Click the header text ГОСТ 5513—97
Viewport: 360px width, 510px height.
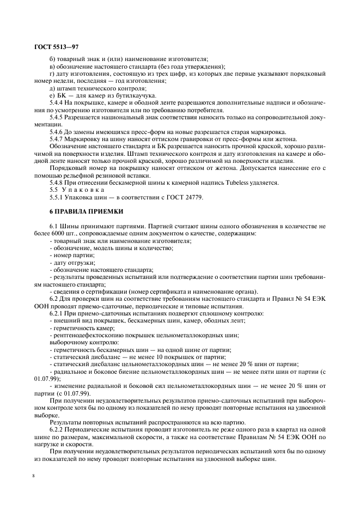pos(54,48)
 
